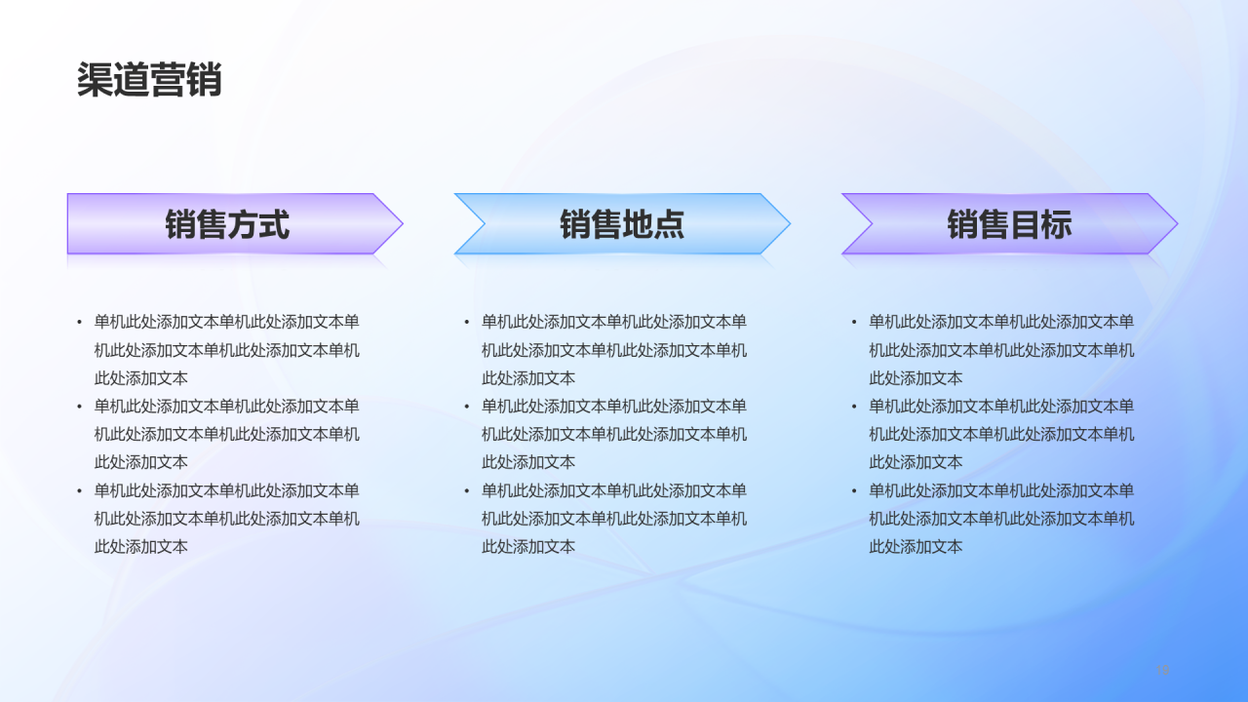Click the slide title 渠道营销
click(149, 80)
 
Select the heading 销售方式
click(227, 224)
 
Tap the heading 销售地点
click(622, 224)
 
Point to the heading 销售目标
click(1009, 224)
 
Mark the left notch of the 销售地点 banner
click(484, 224)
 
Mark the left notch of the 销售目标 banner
click(871, 224)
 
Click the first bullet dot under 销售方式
click(80, 322)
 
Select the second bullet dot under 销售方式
click(80, 407)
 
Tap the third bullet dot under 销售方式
click(80, 491)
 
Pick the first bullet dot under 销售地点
click(467, 322)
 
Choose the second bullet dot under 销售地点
click(467, 407)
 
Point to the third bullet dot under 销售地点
click(467, 491)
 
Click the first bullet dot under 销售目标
click(855, 322)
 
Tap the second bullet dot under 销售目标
click(855, 407)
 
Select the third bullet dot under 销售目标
click(855, 491)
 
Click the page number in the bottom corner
click(1163, 669)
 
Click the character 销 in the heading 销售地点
click(575, 224)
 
